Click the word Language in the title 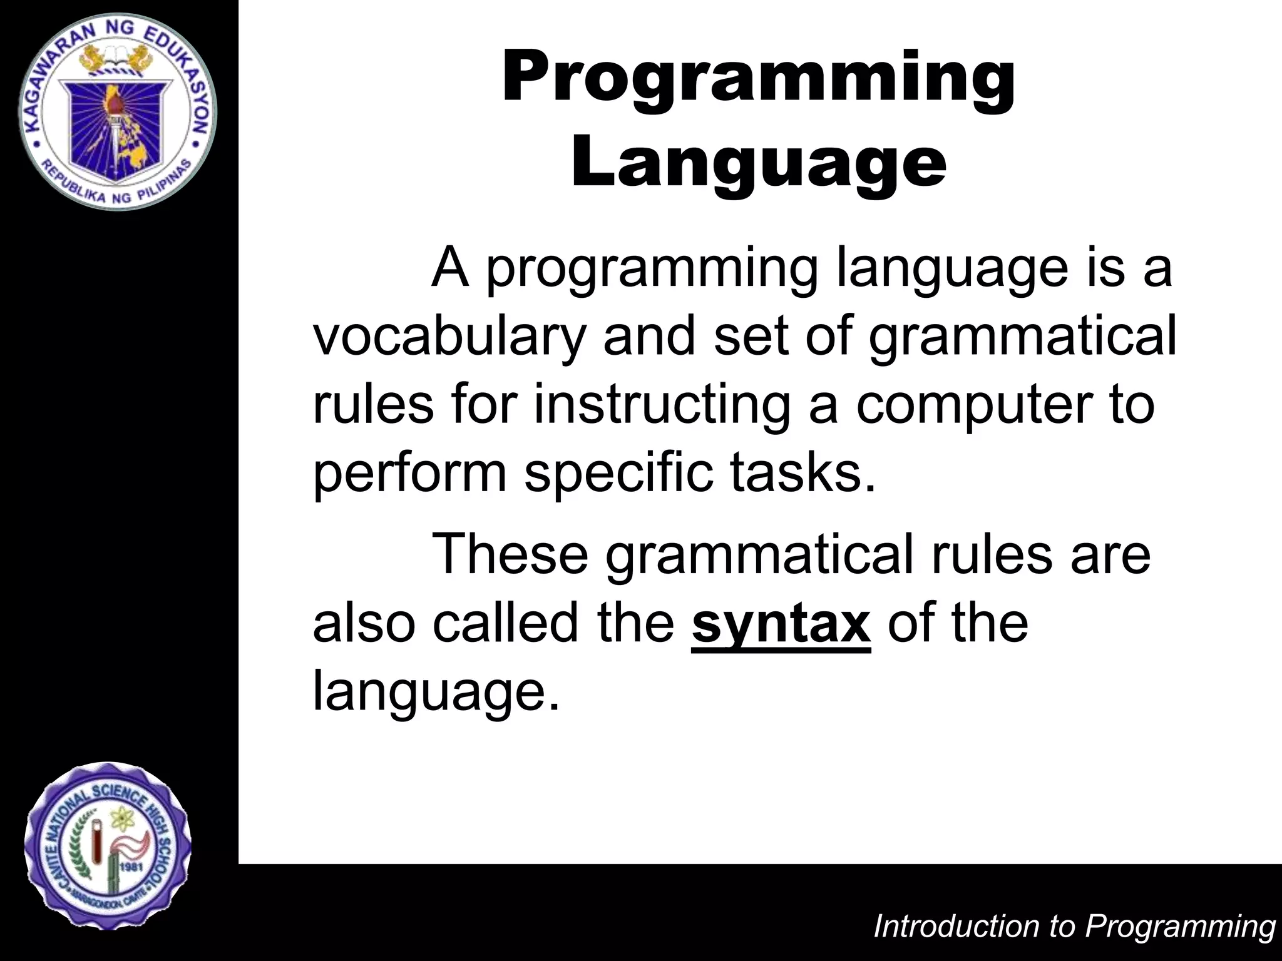point(758,164)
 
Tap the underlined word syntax point(781,623)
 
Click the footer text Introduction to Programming point(1074,926)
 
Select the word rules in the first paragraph point(372,404)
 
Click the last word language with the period point(435,692)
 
